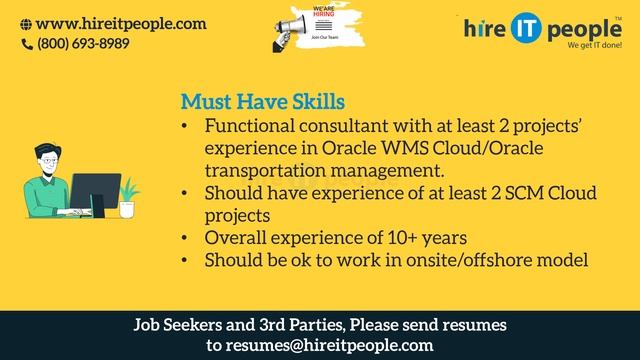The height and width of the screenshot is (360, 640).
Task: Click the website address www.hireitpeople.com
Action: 121,24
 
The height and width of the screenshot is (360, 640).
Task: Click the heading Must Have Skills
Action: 262,103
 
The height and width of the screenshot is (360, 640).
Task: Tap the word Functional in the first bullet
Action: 251,127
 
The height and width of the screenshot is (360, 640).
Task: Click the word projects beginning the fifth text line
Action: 238,216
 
